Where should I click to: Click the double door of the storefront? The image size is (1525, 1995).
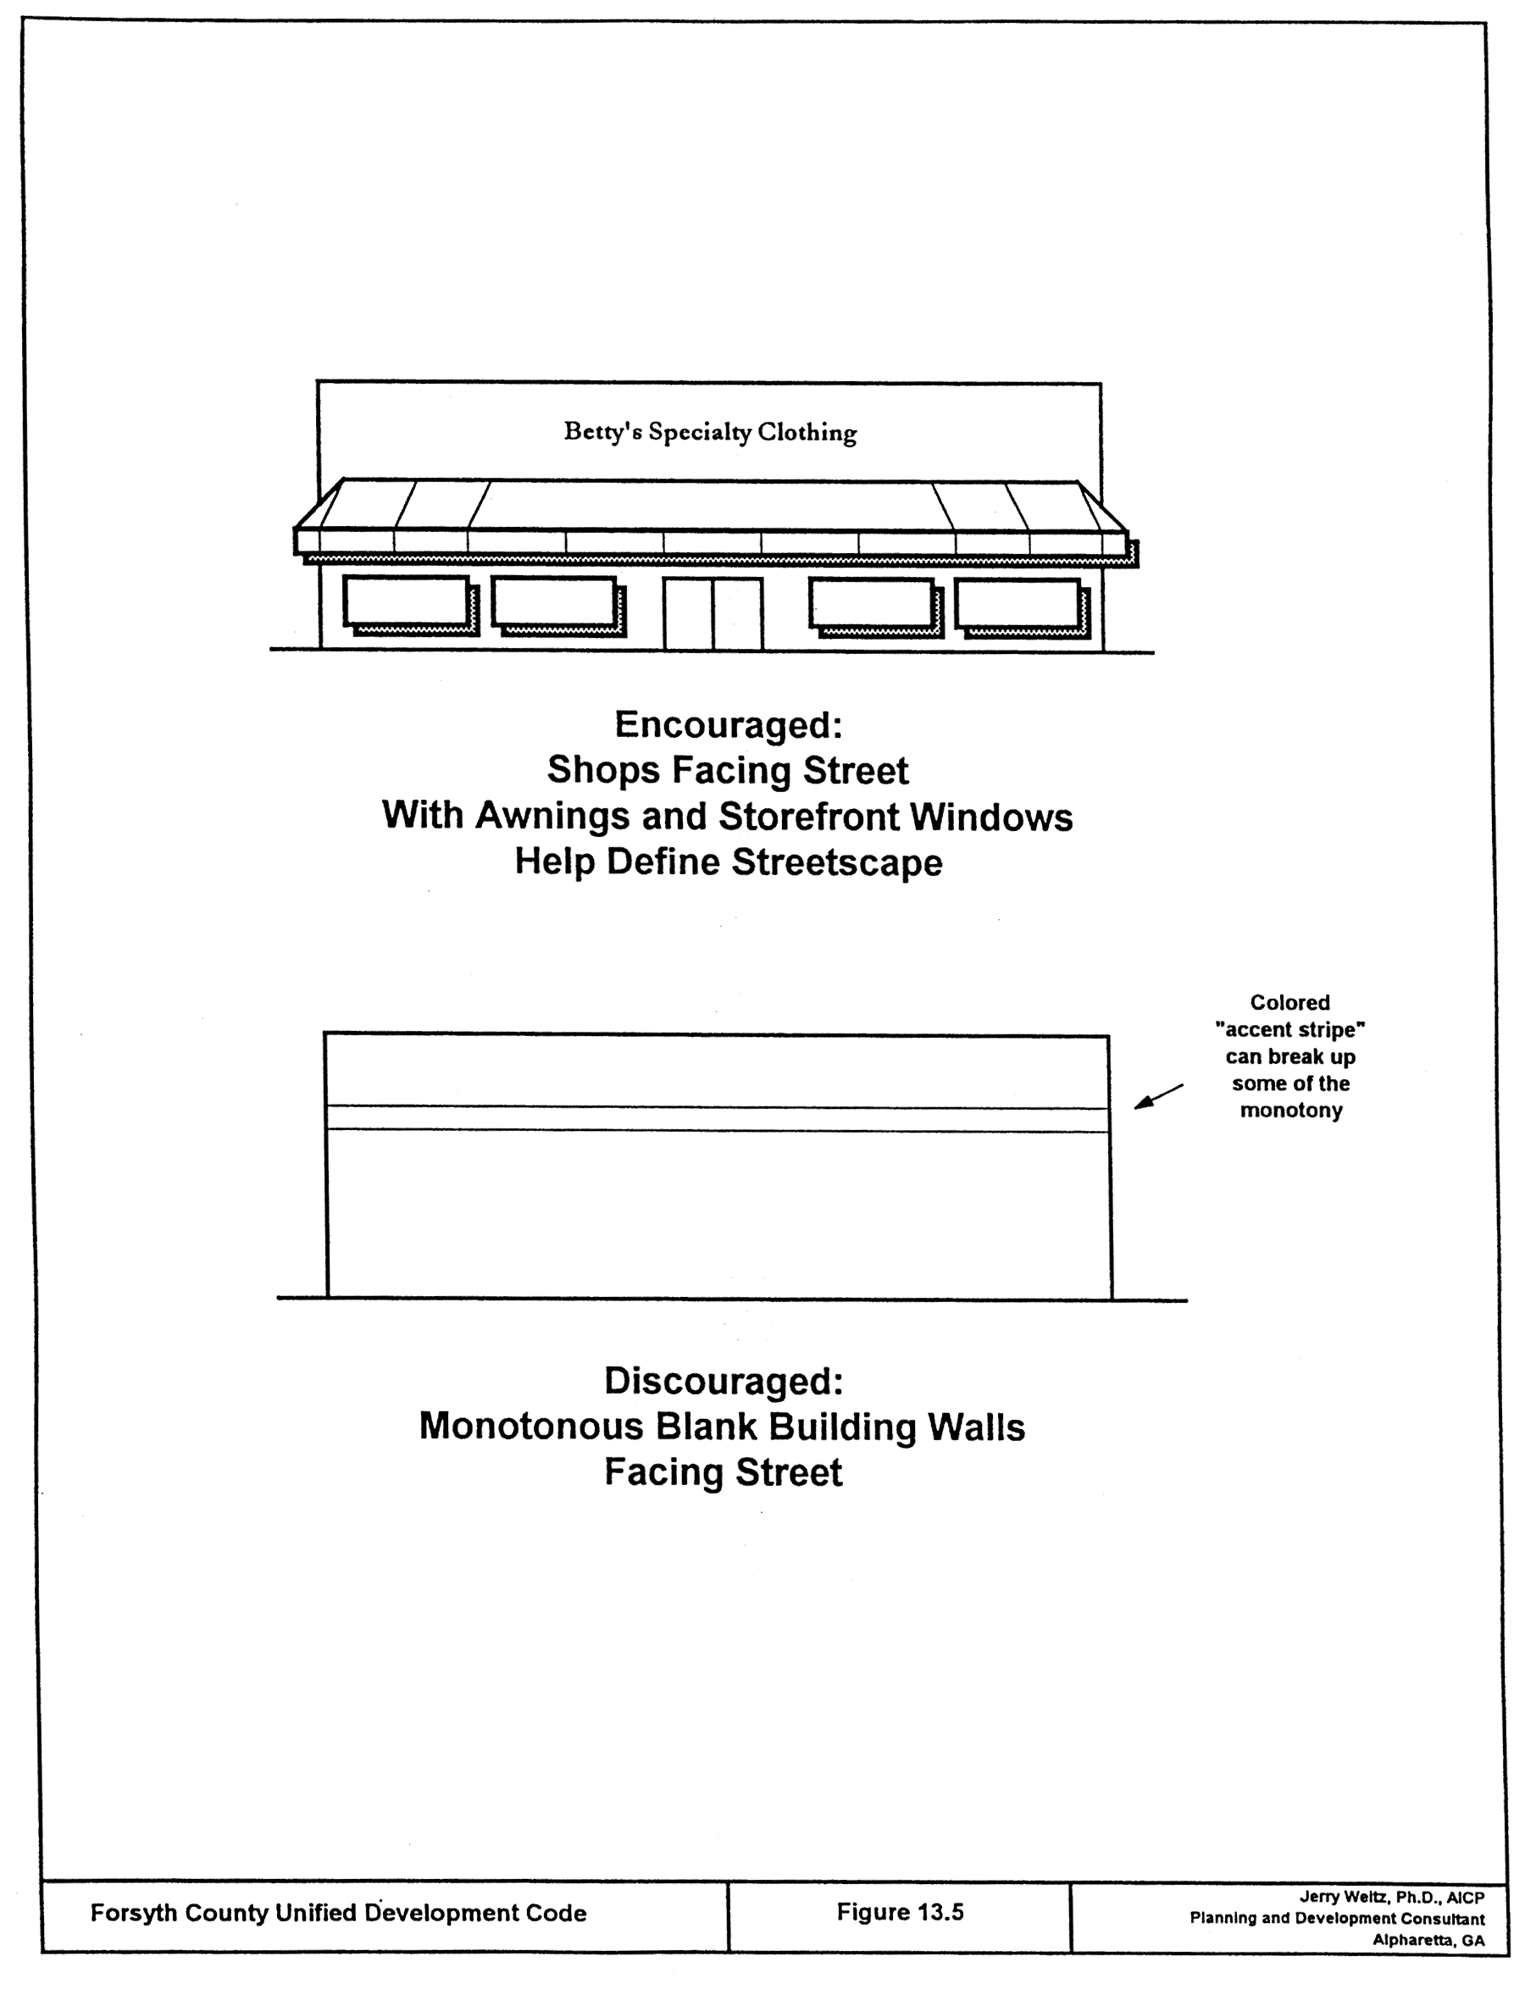[713, 614]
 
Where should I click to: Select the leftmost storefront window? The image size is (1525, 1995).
[407, 601]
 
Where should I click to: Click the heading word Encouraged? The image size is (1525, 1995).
[728, 725]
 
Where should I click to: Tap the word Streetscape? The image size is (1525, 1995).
[837, 862]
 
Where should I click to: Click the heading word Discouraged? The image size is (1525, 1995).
[724, 1382]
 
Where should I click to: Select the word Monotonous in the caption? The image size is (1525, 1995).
[531, 1427]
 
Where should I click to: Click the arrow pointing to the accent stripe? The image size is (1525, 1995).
[1157, 1096]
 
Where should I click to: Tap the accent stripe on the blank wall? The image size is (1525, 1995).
[717, 1118]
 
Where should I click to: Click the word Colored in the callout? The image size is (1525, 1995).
[1289, 1003]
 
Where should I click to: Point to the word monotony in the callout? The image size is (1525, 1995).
[1291, 1111]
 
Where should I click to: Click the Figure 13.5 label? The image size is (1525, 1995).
[900, 1913]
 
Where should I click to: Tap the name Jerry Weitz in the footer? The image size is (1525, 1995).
[1339, 1897]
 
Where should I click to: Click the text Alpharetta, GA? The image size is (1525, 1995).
[1428, 1941]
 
